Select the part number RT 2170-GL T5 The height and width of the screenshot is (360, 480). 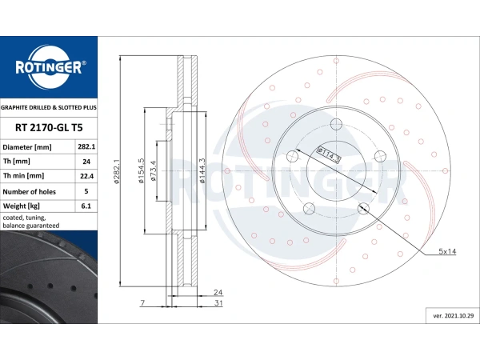49,128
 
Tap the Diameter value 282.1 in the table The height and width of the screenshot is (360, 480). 86,147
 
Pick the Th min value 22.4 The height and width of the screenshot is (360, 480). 86,176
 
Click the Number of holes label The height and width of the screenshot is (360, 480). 30,192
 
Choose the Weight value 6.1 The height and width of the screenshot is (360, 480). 86,206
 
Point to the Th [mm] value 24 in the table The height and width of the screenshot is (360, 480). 86,162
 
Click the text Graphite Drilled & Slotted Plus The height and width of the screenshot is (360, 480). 49,108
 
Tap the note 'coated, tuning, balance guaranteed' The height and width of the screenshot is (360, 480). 31,222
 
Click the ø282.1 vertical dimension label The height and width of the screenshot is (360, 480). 117,171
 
